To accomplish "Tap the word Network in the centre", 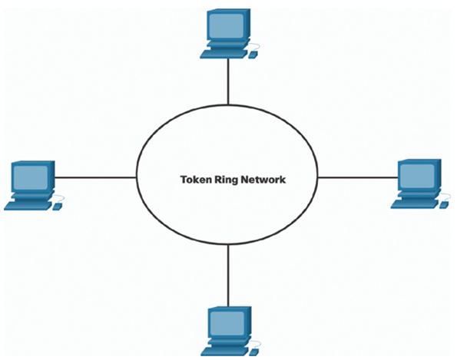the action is (x=263, y=180).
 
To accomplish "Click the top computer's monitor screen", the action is (x=226, y=25).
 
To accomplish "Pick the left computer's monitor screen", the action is (x=30, y=177).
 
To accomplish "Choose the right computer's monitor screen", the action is (x=417, y=176).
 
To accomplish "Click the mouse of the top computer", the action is (x=253, y=54).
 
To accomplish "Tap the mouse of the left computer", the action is (x=57, y=207).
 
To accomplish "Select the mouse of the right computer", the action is (x=444, y=205).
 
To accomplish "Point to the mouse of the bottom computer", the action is (x=253, y=352).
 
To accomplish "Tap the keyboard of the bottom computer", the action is (x=225, y=352).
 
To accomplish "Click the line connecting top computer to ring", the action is (x=228, y=81).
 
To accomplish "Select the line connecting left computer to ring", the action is (x=95, y=177).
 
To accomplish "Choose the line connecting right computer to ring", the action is (x=358, y=177).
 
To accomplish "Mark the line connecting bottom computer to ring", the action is (x=228, y=276).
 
